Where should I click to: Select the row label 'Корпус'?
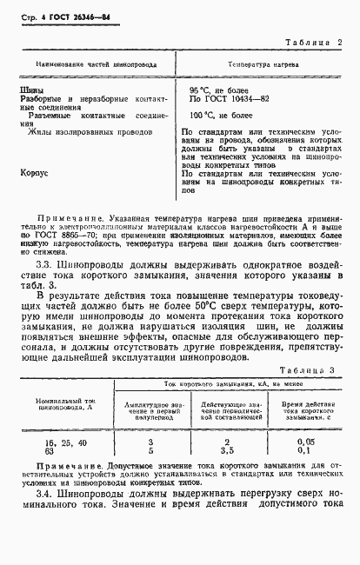(x=34, y=173)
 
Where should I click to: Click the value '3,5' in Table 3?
(x=225, y=452)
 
